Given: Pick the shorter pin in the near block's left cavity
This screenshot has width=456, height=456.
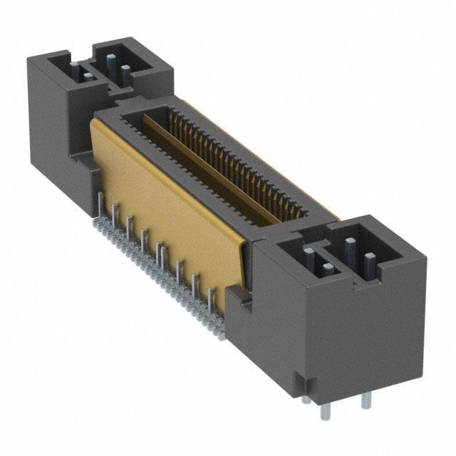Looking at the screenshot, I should tap(326, 269).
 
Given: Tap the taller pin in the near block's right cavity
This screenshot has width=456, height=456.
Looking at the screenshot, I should tap(350, 250).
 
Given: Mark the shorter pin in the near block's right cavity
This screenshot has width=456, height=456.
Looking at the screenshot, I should tap(366, 262).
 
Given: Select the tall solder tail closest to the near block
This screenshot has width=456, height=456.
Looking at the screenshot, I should tap(211, 303).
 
